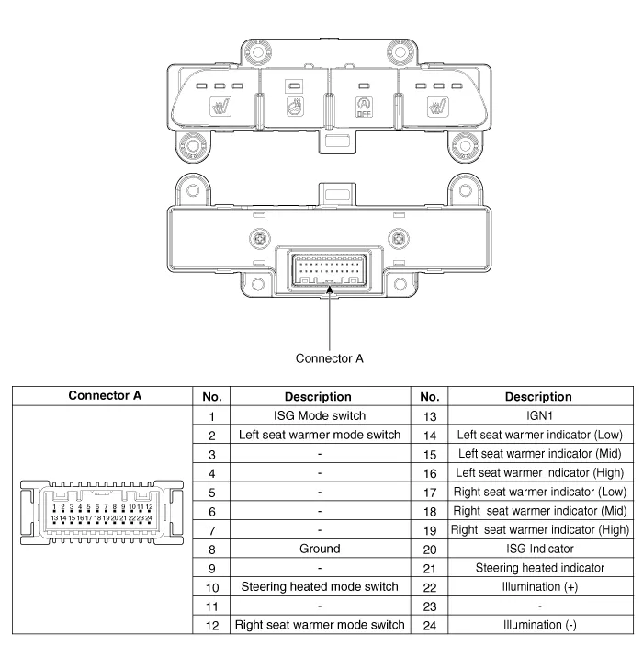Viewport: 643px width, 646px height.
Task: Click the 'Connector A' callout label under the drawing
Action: [329, 358]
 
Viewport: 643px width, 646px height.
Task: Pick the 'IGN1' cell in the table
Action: [539, 415]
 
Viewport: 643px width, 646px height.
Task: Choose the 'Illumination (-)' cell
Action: [539, 627]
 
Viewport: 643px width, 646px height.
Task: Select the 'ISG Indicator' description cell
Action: [539, 550]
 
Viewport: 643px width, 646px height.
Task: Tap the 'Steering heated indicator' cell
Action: [539, 569]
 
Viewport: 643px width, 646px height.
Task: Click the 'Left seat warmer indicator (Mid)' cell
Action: [539, 454]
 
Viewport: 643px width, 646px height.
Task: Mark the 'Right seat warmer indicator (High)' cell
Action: [539, 530]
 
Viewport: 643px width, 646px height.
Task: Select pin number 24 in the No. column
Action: [429, 627]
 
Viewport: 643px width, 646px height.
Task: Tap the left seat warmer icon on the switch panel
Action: [221, 109]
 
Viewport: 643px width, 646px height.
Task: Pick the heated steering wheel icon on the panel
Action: [295, 108]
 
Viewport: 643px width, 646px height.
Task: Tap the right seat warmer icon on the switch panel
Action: [435, 109]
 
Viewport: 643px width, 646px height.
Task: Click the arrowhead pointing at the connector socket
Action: [329, 290]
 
